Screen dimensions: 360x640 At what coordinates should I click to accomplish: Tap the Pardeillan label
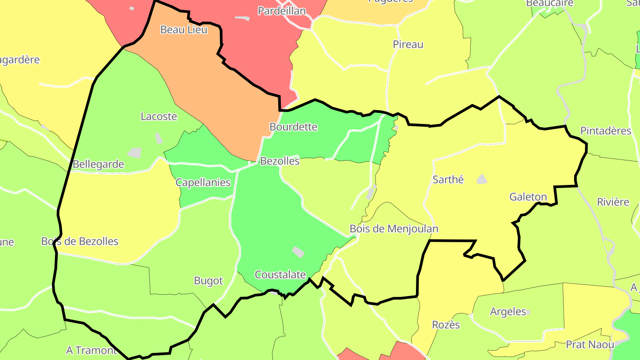pyautogui.click(x=282, y=11)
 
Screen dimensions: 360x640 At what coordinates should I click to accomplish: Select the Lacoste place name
pyautogui.click(x=159, y=116)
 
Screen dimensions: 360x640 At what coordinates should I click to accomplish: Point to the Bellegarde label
pyautogui.click(x=98, y=164)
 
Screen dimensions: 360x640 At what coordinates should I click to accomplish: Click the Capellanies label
pyautogui.click(x=203, y=182)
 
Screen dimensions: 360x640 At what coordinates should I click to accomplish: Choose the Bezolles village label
pyautogui.click(x=280, y=161)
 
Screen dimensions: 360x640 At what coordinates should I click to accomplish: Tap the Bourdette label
pyautogui.click(x=293, y=127)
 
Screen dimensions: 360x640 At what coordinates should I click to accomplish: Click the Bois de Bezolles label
pyautogui.click(x=80, y=241)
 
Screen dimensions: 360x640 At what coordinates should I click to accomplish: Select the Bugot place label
pyautogui.click(x=208, y=281)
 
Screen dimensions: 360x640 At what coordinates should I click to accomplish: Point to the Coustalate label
pyautogui.click(x=280, y=275)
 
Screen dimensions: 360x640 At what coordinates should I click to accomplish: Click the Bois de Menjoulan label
pyautogui.click(x=394, y=228)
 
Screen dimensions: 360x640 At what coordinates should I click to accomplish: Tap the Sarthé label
pyautogui.click(x=448, y=180)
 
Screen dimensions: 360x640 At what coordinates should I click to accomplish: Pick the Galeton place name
pyautogui.click(x=528, y=196)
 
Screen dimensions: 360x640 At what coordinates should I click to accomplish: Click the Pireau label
pyautogui.click(x=408, y=44)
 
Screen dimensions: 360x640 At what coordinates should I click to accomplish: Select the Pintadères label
pyautogui.click(x=606, y=131)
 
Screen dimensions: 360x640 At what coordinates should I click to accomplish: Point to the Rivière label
pyautogui.click(x=613, y=202)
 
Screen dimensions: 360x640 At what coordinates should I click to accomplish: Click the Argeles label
pyautogui.click(x=508, y=312)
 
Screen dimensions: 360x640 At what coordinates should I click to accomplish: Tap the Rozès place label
pyautogui.click(x=446, y=325)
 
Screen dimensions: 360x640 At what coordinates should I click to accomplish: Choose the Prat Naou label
pyautogui.click(x=590, y=344)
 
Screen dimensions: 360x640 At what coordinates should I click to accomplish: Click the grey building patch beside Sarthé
pyautogui.click(x=482, y=179)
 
